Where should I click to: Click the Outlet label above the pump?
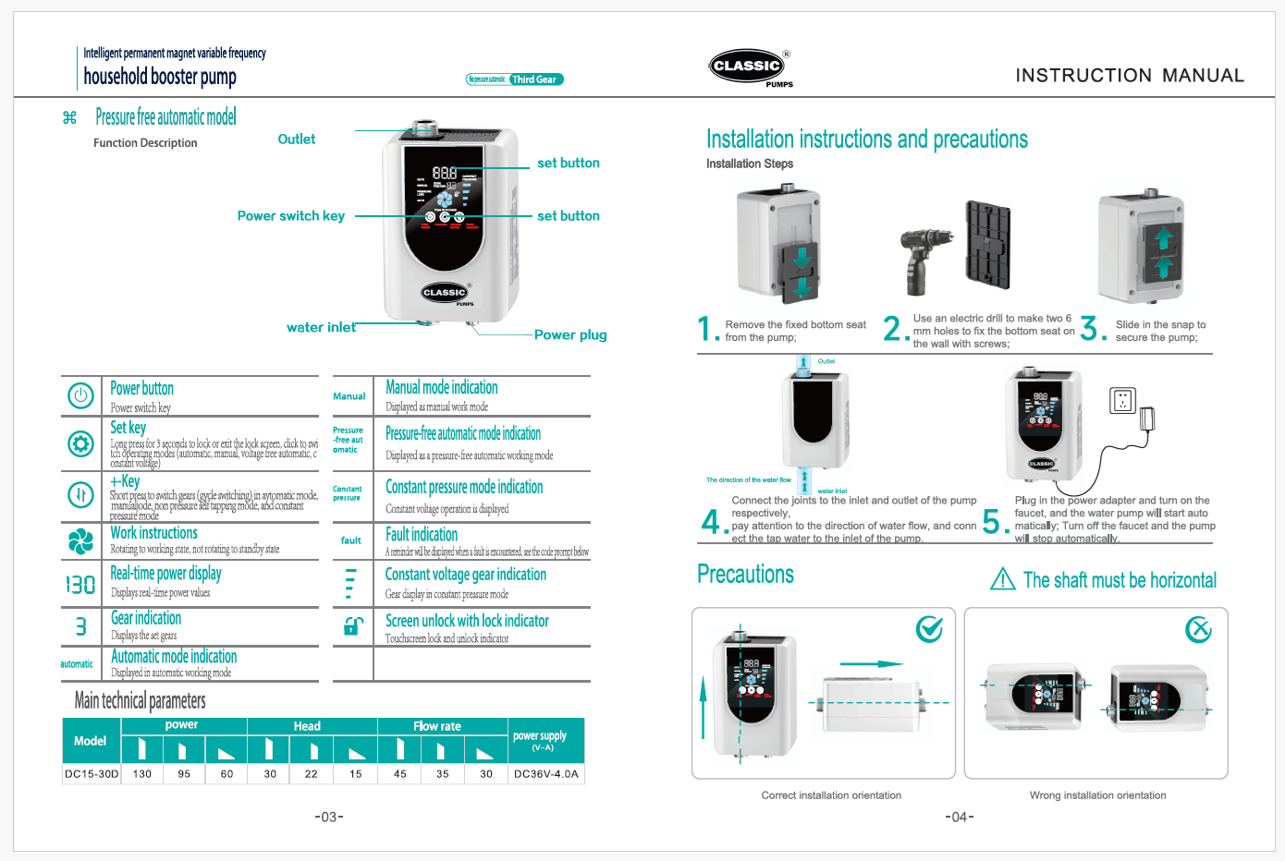pos(296,139)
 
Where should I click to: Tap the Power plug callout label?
pos(570,335)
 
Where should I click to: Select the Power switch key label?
pos(290,216)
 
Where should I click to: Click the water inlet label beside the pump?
pos(321,328)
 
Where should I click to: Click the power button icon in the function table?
pos(80,396)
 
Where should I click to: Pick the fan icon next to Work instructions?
pos(80,541)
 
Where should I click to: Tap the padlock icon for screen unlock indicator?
pos(351,626)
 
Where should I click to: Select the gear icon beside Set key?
pos(80,444)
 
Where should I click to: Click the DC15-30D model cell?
pos(92,774)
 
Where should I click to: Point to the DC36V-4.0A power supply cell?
pos(545,774)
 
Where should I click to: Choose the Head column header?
pos(307,726)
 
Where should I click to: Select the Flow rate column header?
pos(437,726)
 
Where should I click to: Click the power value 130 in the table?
pos(142,774)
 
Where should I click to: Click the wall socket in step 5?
pos(1122,401)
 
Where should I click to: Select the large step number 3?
pos(1091,329)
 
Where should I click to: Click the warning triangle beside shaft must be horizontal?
pos(1002,579)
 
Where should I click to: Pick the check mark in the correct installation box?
pos(929,630)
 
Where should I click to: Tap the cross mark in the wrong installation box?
pos(1199,630)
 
